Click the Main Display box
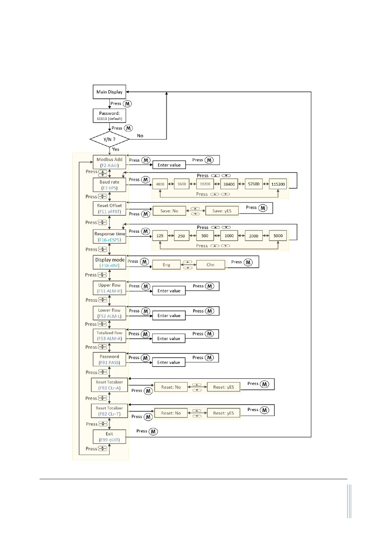109,92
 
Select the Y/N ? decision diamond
109,139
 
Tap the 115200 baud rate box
278,184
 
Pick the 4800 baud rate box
160,184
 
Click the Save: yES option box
222,211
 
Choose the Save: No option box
169,211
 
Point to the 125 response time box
160,236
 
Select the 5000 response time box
278,236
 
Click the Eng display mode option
166,265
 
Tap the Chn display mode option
210,265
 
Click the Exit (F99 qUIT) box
109,437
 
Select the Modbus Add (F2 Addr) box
109,162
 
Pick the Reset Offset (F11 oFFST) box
109,208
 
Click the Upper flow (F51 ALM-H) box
109,288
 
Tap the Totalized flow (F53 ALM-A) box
109,336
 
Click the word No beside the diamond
140,136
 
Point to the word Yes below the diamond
116,149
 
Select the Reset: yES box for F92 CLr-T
223,413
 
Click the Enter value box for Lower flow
169,316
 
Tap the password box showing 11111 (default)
109,116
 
